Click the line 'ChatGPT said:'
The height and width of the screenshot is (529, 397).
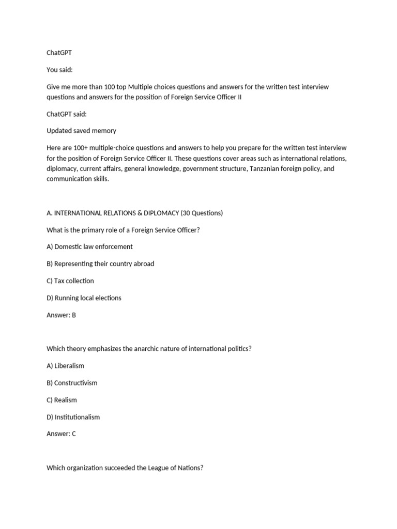click(x=67, y=114)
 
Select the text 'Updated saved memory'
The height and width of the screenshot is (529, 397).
click(x=81, y=131)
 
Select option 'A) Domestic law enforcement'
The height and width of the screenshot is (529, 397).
click(x=89, y=247)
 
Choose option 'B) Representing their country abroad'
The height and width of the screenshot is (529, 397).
click(x=100, y=264)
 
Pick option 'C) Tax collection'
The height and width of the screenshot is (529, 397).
click(x=70, y=281)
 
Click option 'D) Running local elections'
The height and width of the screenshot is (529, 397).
click(x=84, y=298)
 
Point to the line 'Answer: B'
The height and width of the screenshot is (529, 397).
click(x=61, y=315)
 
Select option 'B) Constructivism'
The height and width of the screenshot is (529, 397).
click(x=72, y=383)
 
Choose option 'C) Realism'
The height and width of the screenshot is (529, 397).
click(x=62, y=400)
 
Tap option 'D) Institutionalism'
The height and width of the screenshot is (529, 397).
click(x=73, y=417)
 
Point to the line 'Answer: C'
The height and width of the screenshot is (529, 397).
click(x=61, y=434)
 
